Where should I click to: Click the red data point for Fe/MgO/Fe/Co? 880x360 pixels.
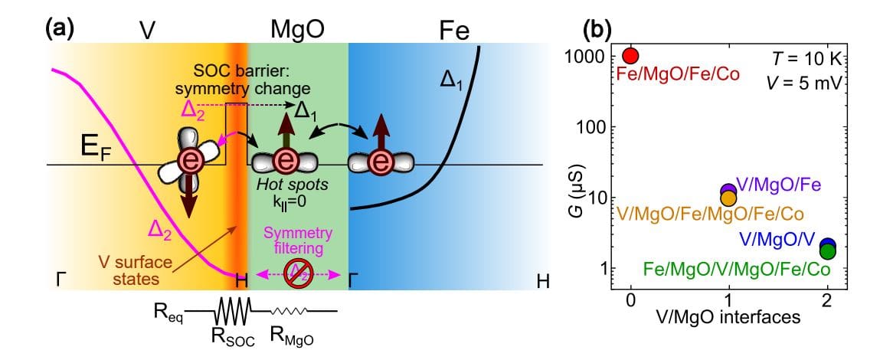[x=630, y=56]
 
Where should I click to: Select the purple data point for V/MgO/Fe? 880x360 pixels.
[x=728, y=190]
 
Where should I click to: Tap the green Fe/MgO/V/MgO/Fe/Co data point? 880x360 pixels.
[x=827, y=250]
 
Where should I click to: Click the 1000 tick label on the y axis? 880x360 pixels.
[x=584, y=57]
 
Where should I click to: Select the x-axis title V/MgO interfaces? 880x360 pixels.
[x=728, y=317]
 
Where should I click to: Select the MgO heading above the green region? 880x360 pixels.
[x=297, y=31]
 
